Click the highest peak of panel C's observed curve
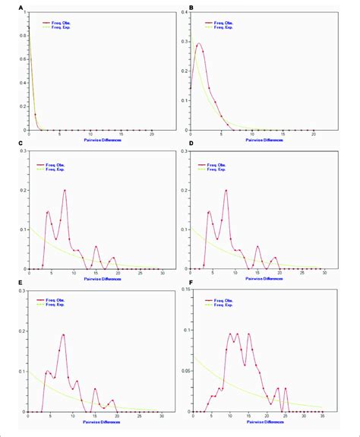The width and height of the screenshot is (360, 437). tap(65, 190)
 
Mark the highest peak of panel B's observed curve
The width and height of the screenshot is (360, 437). tap(199, 43)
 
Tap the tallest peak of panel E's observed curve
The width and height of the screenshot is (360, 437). tap(63, 334)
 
